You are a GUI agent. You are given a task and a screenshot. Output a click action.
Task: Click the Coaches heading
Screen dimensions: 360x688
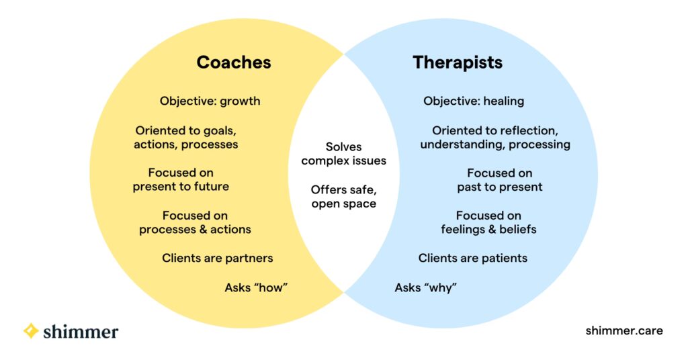click(233, 62)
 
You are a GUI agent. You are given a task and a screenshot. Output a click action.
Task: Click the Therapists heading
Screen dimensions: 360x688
click(458, 62)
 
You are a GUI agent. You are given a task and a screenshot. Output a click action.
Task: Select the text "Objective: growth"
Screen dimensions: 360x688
click(210, 101)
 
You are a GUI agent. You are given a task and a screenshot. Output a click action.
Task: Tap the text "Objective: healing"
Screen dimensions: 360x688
click(473, 101)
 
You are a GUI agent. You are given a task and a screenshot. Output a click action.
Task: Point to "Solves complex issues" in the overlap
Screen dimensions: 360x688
click(343, 154)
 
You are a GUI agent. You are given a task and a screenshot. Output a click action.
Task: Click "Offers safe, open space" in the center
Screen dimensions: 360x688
click(343, 197)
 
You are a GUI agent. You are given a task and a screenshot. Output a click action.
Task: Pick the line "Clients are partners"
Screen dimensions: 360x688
click(217, 258)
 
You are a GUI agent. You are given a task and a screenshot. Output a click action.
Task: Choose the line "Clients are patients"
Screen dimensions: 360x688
click(472, 258)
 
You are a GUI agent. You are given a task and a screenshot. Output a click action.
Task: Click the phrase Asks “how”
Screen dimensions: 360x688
click(256, 288)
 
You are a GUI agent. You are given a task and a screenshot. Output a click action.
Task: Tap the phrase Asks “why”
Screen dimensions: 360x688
click(425, 288)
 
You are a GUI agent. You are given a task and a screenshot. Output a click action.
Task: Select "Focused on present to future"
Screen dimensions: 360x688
click(181, 180)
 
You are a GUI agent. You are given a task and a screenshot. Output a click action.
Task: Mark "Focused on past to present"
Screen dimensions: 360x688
click(499, 180)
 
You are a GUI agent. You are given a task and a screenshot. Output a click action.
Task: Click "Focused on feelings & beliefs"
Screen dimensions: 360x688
click(488, 222)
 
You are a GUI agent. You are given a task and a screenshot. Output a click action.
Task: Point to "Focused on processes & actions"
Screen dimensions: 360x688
click(195, 222)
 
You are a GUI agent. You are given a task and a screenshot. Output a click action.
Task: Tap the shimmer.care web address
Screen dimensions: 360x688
click(623, 330)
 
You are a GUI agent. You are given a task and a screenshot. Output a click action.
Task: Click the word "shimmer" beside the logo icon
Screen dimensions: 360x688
click(81, 331)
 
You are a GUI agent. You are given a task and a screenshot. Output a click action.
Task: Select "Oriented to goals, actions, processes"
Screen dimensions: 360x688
click(186, 137)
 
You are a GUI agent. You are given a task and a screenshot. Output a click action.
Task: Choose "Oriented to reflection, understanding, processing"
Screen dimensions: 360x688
click(495, 137)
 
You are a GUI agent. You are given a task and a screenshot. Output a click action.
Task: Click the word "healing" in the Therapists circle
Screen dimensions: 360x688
click(503, 101)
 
